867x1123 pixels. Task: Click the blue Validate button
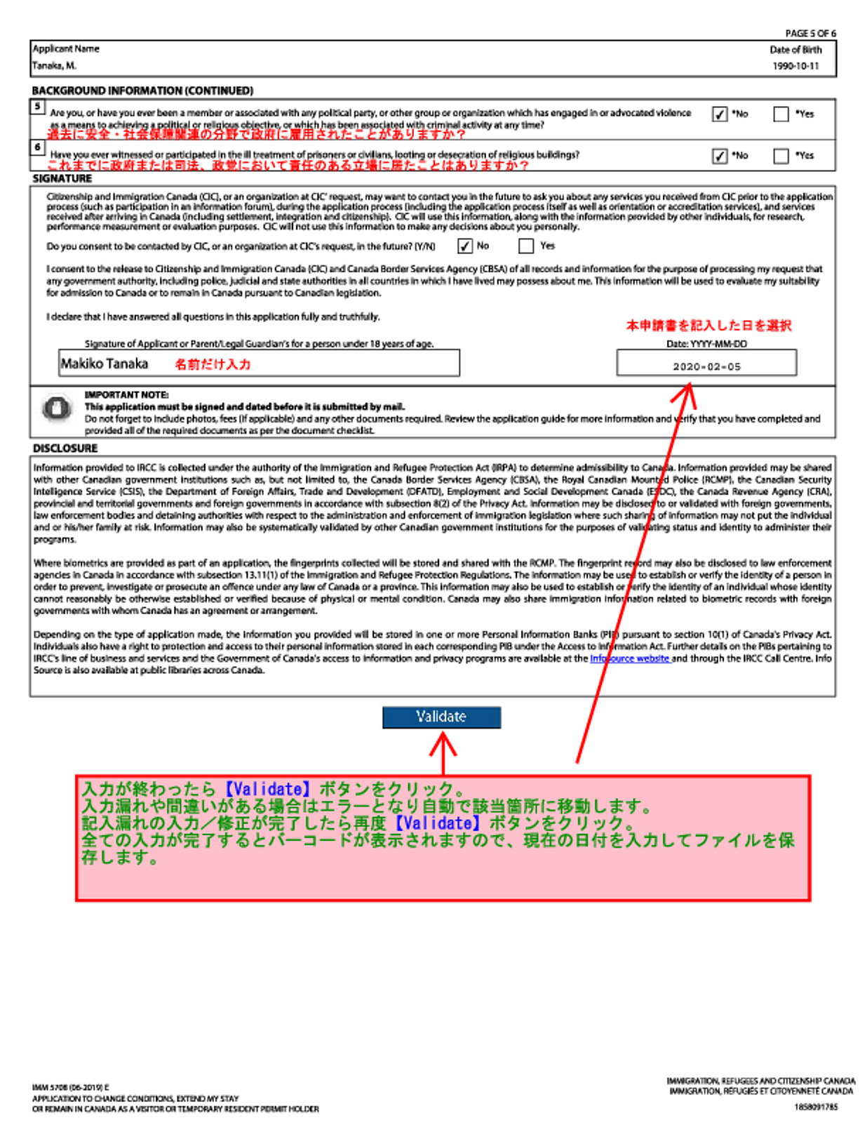click(x=441, y=717)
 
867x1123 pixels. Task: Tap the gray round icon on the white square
click(x=57, y=408)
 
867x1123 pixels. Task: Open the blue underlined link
click(x=630, y=658)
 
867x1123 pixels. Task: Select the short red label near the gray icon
click(x=213, y=364)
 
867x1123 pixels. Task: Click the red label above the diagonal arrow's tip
click(x=708, y=325)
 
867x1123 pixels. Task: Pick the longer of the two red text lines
click(x=288, y=164)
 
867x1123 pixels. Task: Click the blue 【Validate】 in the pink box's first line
click(x=267, y=789)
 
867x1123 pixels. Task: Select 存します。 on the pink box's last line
click(x=119, y=857)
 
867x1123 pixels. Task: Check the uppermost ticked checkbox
click(x=720, y=114)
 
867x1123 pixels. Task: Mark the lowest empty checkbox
click(x=526, y=246)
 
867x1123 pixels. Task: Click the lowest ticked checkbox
click(x=465, y=246)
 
